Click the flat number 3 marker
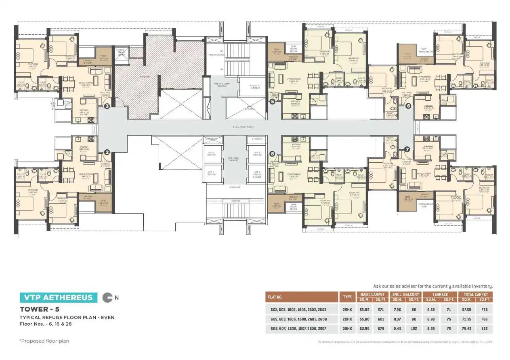pos(107,106)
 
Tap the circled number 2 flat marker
pos(107,152)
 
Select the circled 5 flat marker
pos(272,102)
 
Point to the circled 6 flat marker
pos(408,106)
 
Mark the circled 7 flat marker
pos(407,149)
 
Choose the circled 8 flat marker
pos(272,154)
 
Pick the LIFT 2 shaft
pos(256,153)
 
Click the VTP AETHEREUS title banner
pos(59,298)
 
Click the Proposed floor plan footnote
pos(44,341)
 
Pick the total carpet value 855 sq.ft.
pos(485,329)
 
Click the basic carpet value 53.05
pos(364,310)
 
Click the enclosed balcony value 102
pos(413,329)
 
